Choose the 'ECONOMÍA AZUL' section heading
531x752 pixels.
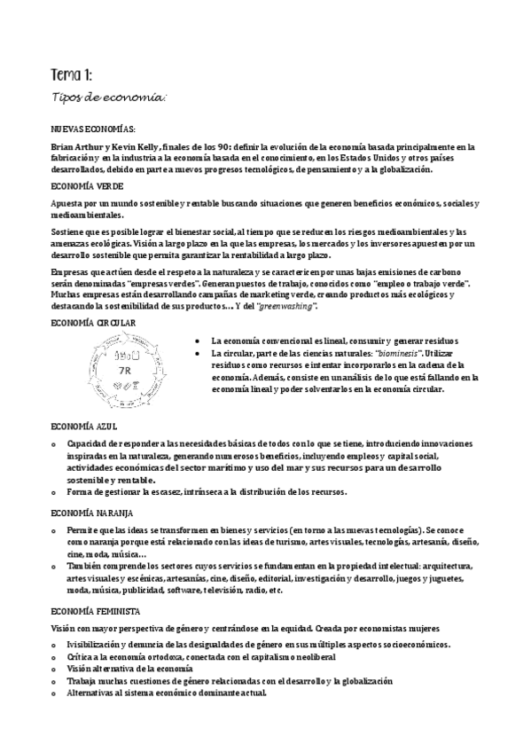pyautogui.click(x=84, y=427)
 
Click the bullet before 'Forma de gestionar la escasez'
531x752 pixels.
pyautogui.click(x=55, y=492)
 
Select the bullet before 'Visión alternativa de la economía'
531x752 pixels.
pyautogui.click(x=55, y=669)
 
